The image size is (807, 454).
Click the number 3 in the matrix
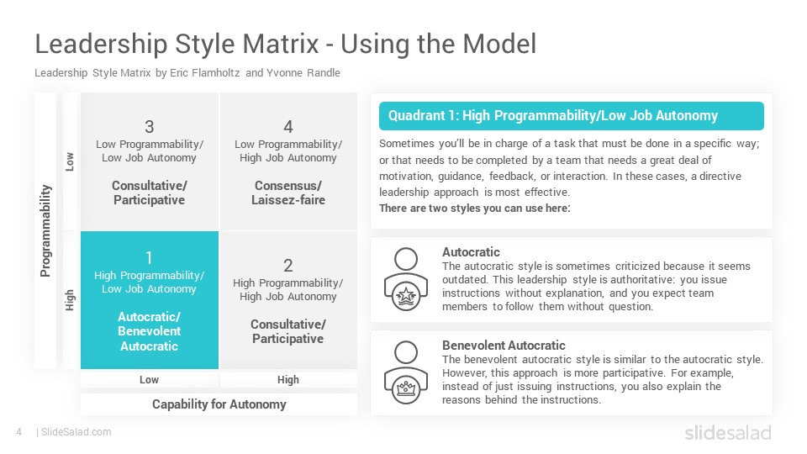tap(150, 127)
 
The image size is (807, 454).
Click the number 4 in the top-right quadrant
tap(288, 127)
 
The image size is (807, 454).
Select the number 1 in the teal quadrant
tap(149, 257)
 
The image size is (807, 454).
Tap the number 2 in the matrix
tap(288, 265)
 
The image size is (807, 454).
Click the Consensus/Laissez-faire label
tap(288, 193)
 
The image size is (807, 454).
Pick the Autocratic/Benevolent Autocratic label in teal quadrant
tap(150, 331)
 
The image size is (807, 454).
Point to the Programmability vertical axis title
tap(45, 230)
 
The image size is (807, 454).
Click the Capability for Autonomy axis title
tap(219, 404)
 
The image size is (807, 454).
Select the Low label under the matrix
tap(150, 379)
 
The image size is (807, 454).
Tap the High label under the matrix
tap(288, 379)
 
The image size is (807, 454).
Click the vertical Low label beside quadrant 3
tap(70, 161)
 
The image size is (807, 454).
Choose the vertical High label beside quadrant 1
tap(70, 300)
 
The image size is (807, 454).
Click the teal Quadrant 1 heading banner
tap(572, 116)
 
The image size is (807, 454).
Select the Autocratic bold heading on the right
tap(471, 251)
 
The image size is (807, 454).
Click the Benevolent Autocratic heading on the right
tap(504, 345)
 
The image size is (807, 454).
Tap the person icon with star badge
tap(406, 279)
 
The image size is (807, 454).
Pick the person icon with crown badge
tap(406, 372)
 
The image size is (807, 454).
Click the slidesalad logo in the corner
tap(728, 432)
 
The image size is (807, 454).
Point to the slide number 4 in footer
tap(19, 432)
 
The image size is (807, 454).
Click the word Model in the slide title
tap(499, 44)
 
